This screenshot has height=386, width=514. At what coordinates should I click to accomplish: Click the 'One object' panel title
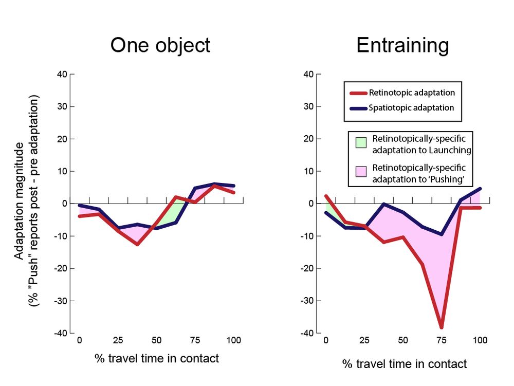point(160,45)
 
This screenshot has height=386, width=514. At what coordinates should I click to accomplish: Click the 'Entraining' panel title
point(402,45)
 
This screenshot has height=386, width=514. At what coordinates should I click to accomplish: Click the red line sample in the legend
point(358,93)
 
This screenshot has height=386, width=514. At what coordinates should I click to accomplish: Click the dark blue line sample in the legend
point(358,108)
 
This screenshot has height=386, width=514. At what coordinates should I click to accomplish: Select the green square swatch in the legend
point(361,142)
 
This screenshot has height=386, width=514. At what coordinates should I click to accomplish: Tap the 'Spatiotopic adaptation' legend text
point(411,108)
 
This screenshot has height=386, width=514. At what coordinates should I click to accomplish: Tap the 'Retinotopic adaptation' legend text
point(412,93)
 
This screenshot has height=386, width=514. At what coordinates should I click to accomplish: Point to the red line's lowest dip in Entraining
point(441,327)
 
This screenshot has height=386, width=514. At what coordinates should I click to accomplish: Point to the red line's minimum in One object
point(137,244)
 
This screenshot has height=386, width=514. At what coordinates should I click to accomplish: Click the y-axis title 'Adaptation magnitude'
point(19,200)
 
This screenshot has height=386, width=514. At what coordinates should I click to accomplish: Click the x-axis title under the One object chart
point(157,358)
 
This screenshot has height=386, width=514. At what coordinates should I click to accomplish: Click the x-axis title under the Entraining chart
point(405,364)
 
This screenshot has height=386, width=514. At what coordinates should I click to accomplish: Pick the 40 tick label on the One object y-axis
point(62,74)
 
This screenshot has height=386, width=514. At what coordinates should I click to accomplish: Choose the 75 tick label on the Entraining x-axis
point(441,340)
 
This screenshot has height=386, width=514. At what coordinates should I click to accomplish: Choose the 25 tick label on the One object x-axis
point(118,340)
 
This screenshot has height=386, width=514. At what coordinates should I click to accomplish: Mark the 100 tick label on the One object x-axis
point(234,340)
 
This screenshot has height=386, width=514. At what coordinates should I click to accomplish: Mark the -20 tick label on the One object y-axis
point(60,268)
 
